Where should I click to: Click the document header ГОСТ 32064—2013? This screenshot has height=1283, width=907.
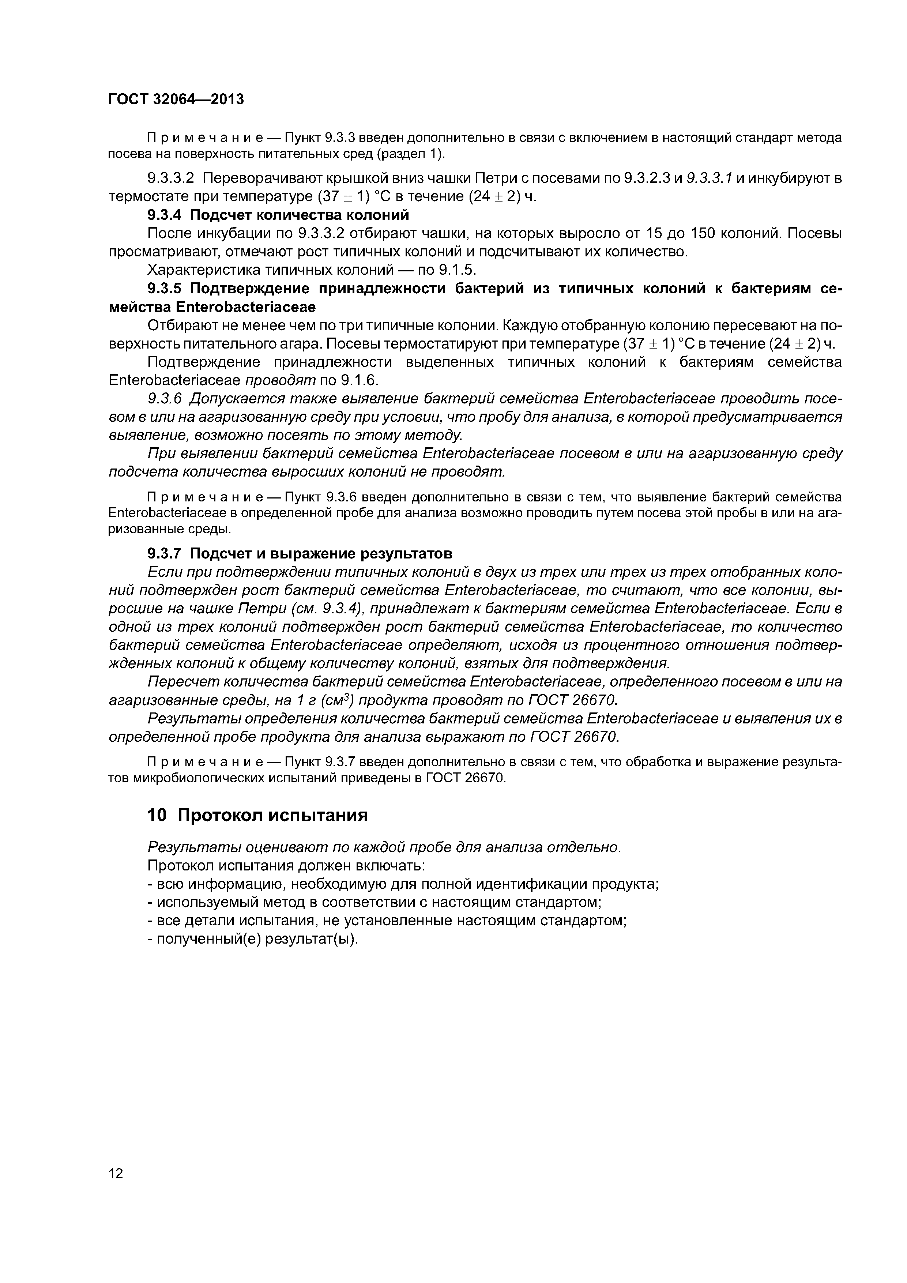pos(176,99)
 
